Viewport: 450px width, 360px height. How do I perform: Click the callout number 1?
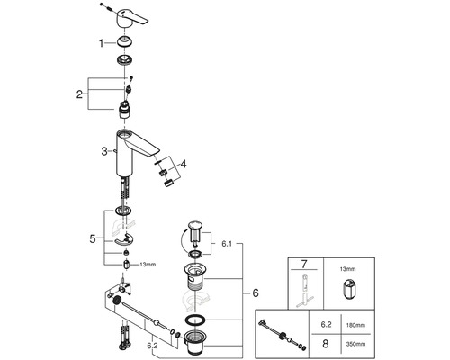tap(102, 43)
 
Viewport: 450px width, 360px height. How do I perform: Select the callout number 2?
tap(79, 94)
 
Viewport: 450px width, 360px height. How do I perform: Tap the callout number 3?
tap(103, 151)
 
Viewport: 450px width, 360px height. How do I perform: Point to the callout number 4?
tap(184, 164)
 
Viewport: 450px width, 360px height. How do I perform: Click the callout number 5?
tap(93, 239)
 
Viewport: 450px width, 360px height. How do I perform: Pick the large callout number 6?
tap(256, 292)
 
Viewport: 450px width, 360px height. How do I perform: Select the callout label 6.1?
tap(227, 244)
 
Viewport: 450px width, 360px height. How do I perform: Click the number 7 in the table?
tap(304, 265)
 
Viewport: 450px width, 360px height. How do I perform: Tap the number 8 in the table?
tap(326, 344)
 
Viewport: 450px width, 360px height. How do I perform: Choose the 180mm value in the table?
tap(355, 325)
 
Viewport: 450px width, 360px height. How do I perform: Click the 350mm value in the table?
tap(355, 344)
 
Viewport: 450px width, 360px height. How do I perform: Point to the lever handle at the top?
tap(131, 19)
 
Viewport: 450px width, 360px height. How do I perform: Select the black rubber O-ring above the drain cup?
tap(195, 320)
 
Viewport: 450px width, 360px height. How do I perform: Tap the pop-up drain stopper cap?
tap(195, 225)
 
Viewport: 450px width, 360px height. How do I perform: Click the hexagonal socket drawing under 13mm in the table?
tap(348, 289)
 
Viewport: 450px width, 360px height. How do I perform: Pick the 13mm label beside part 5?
tap(148, 265)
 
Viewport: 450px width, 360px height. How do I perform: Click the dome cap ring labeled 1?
tap(125, 41)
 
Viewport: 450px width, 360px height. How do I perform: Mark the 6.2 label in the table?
tap(326, 325)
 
